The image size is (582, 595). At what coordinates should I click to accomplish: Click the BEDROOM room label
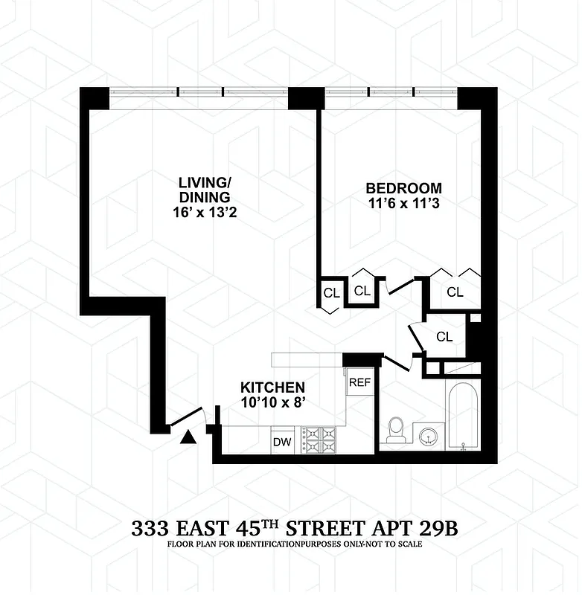(403, 188)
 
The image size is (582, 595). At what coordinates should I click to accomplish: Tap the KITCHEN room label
(272, 387)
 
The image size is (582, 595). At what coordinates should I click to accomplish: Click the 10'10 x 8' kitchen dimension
(272, 402)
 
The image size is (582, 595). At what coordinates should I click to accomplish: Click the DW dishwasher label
(281, 442)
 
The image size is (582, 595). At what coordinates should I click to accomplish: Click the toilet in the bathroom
(396, 431)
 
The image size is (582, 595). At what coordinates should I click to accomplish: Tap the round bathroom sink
(427, 435)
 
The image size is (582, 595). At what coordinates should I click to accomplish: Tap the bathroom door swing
(397, 362)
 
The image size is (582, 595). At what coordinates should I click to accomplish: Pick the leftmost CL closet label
(330, 292)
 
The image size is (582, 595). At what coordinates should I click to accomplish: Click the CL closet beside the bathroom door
(444, 336)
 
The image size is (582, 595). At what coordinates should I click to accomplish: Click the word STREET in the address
(336, 530)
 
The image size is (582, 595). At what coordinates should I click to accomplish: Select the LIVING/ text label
(203, 181)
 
